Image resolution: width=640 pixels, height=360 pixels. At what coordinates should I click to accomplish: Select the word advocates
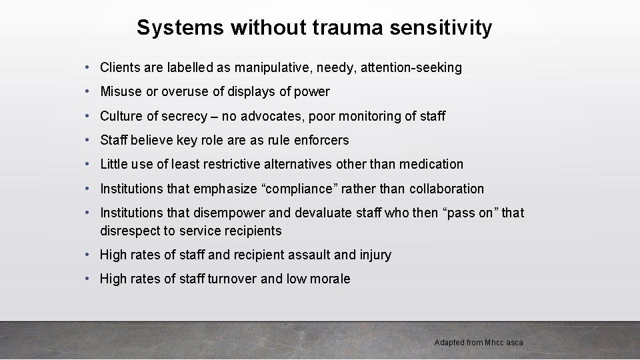[267, 116]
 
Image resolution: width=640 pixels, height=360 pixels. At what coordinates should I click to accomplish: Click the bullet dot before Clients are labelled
[89, 67]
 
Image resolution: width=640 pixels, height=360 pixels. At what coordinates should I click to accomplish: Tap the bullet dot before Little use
[89, 164]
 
